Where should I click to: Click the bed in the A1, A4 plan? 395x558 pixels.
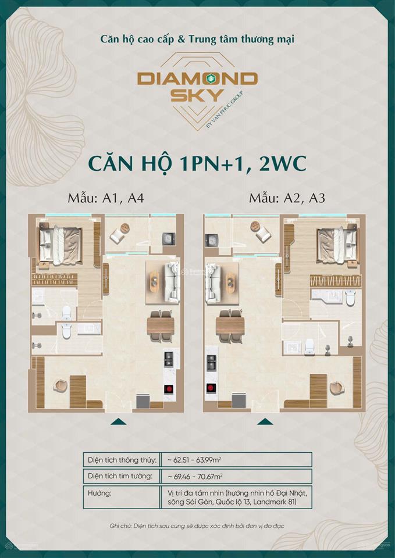(61, 242)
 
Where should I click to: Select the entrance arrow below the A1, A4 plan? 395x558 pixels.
(118, 422)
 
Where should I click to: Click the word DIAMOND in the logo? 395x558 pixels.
(198, 78)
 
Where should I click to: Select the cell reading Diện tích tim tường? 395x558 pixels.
(120, 476)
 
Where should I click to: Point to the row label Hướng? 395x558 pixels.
(97, 493)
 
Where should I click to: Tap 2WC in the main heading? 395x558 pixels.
(277, 163)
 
